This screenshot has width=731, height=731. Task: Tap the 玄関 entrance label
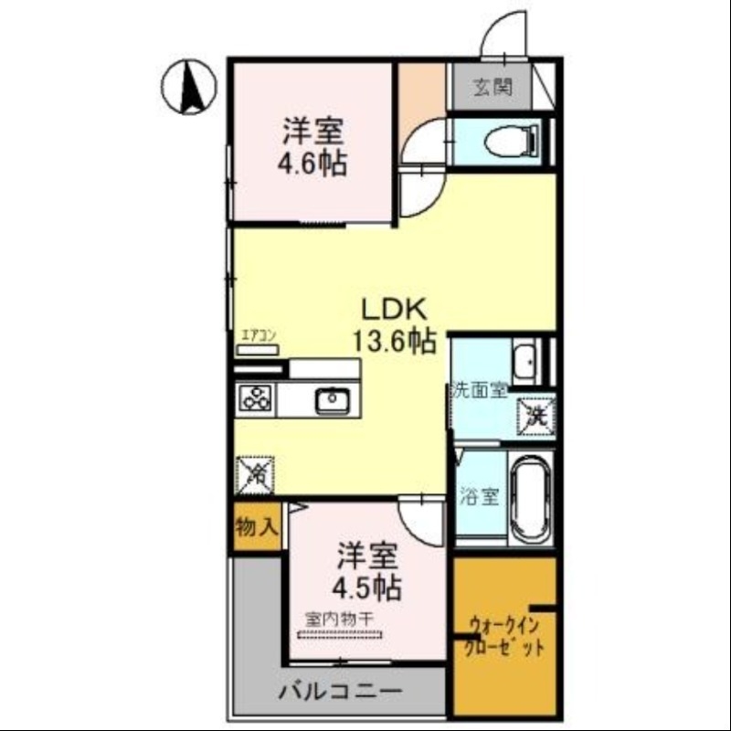[x=491, y=89]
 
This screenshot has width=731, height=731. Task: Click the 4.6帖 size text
[x=313, y=165]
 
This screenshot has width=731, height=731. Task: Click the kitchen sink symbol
[x=331, y=400]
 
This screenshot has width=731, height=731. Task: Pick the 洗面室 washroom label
[x=478, y=390]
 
